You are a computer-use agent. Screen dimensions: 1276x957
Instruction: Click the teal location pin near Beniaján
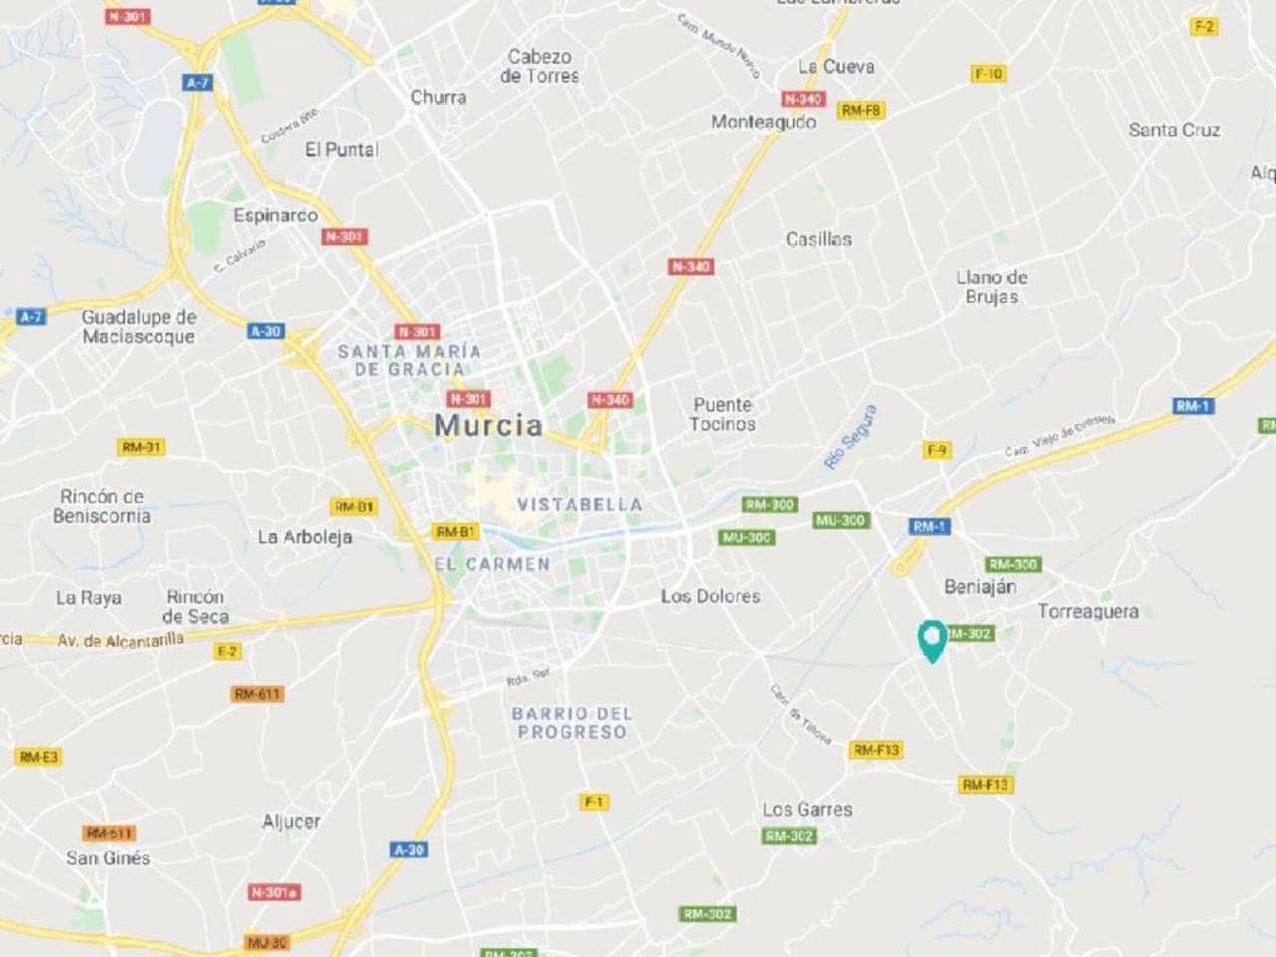point(931,639)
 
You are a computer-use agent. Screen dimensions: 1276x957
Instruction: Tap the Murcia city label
point(488,425)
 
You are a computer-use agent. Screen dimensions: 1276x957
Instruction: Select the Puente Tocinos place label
point(723,414)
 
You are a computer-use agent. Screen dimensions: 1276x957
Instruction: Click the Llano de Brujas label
point(991,287)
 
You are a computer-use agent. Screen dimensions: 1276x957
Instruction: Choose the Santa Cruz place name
point(1174,130)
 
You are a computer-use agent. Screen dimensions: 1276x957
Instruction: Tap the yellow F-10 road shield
point(988,74)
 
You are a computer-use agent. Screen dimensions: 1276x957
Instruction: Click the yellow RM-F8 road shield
point(861,110)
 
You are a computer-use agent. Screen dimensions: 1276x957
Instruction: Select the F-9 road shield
point(936,450)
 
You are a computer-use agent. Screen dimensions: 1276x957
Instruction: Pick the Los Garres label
point(807,810)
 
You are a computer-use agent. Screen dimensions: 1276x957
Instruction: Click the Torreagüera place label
point(1088,611)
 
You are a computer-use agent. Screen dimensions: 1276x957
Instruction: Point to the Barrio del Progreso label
point(572,723)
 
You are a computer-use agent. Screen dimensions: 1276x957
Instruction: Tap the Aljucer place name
point(291,822)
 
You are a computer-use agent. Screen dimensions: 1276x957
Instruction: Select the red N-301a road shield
point(275,892)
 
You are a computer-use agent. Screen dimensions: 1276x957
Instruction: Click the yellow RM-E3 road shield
point(39,757)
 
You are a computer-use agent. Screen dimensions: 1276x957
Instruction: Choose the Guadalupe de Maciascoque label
point(139,326)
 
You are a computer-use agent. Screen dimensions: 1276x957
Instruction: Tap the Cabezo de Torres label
point(539,66)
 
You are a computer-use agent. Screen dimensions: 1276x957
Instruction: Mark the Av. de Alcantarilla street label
point(120,640)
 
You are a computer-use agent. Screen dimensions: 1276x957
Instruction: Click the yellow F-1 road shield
point(594,801)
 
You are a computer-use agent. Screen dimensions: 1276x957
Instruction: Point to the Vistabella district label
point(579,505)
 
